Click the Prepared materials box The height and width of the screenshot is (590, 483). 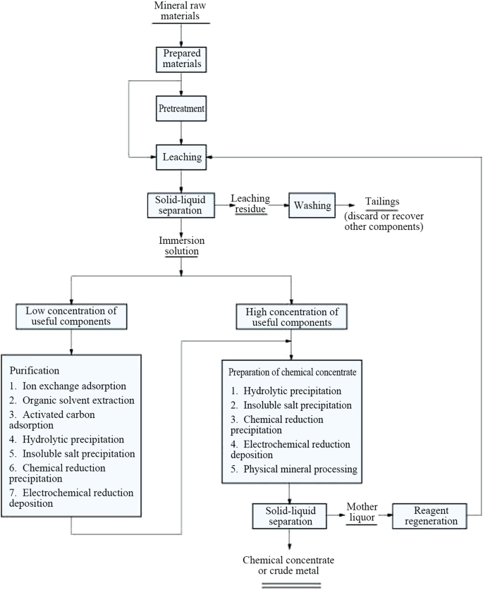[x=181, y=59]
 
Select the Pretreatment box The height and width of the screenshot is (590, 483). [x=181, y=109]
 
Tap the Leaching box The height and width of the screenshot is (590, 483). [x=181, y=157]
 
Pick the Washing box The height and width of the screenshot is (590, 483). [x=312, y=205]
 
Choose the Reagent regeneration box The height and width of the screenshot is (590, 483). [x=429, y=516]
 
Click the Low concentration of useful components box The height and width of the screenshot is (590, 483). [x=71, y=316]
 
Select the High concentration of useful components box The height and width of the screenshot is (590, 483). [x=291, y=317]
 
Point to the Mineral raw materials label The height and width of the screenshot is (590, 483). [x=181, y=11]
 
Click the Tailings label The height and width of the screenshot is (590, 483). [x=382, y=202]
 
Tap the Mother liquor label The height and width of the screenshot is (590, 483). [x=362, y=512]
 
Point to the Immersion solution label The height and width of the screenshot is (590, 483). [x=181, y=246]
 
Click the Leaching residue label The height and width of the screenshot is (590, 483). [x=250, y=204]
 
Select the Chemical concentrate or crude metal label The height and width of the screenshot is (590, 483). [x=288, y=565]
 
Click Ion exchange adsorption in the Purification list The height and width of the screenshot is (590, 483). [x=68, y=386]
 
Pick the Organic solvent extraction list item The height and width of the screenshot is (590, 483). [x=72, y=400]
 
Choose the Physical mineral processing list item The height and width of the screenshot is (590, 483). [x=294, y=469]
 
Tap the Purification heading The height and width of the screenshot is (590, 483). [x=35, y=371]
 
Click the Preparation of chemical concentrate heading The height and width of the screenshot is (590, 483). [x=292, y=372]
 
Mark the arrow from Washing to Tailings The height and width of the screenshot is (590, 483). [x=346, y=205]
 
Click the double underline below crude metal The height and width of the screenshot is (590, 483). [x=291, y=585]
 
